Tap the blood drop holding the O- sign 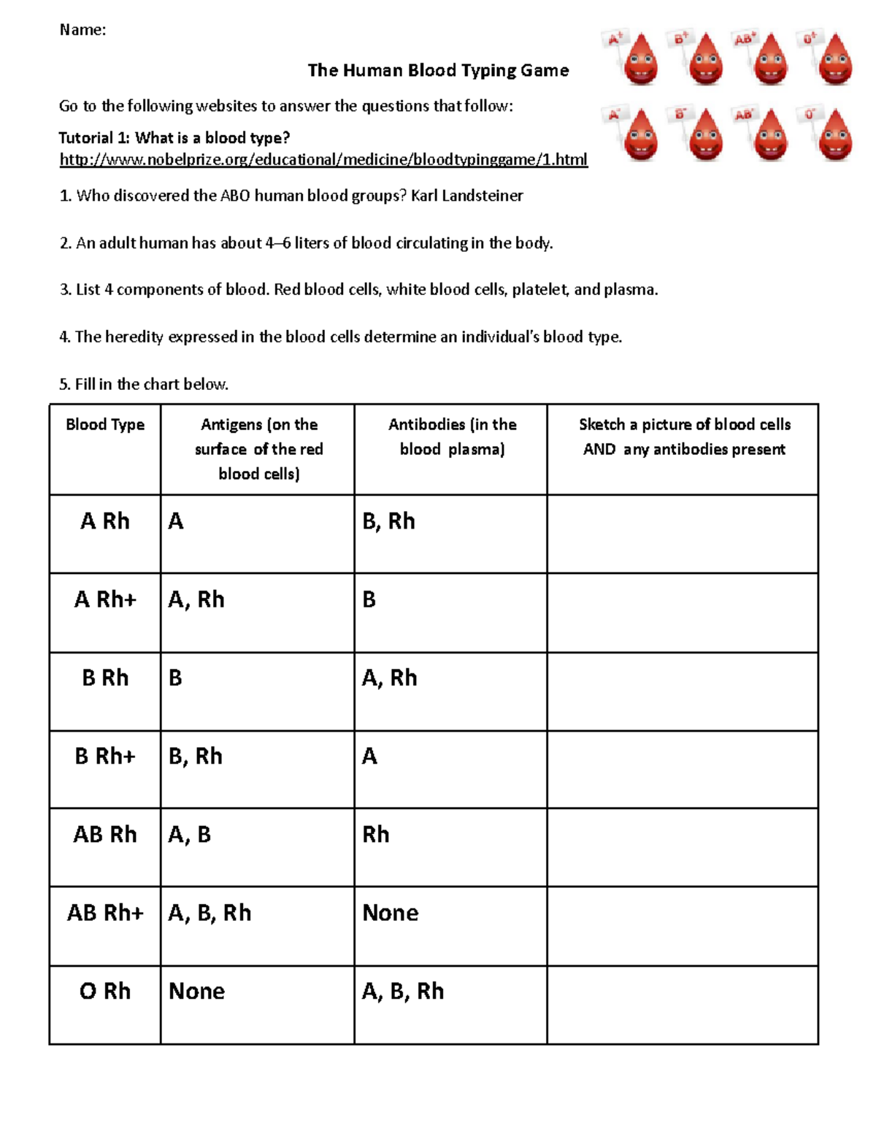point(835,135)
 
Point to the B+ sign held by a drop point(682,39)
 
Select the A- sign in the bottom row point(615,115)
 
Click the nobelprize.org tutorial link point(323,159)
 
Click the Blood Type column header point(105,425)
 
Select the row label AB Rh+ point(105,913)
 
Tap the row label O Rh point(105,992)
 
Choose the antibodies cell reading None point(391,913)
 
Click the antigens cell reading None point(197,992)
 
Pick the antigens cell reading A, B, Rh point(210,913)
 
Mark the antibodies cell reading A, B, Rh point(403,992)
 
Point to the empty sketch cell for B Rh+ point(682,770)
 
